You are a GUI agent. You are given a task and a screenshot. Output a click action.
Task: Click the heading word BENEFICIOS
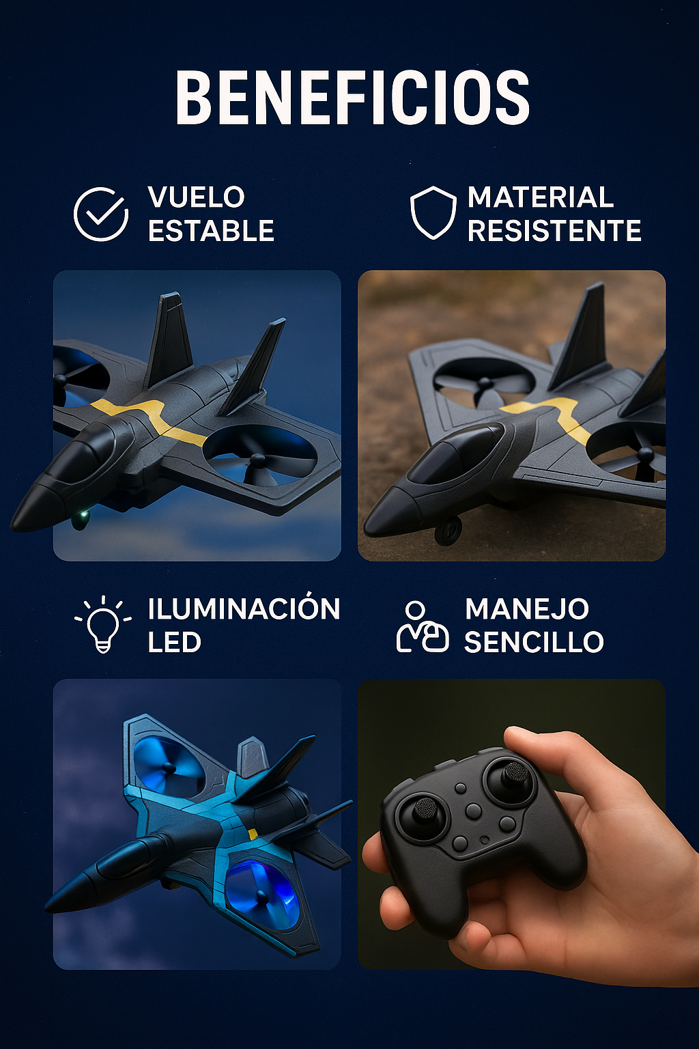coord(352,98)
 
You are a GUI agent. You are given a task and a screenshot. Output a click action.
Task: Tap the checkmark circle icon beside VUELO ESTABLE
coord(101,214)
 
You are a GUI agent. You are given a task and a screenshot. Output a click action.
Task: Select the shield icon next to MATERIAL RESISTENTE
coord(433,212)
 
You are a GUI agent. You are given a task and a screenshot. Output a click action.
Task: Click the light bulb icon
coord(102,624)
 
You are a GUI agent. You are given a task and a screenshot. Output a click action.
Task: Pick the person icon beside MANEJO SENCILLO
coord(423,627)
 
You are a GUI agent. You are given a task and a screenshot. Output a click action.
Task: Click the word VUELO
coord(196,197)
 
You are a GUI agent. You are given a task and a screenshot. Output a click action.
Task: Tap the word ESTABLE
coord(211,231)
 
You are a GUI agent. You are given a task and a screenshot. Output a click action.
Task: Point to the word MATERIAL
coord(541,197)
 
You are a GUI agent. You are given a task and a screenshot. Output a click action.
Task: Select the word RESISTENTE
coord(554,231)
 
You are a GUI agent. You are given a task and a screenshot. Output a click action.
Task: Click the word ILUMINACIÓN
coord(244,609)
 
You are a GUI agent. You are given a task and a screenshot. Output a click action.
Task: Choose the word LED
coord(174,643)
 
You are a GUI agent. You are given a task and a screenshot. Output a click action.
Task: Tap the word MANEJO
coord(526,609)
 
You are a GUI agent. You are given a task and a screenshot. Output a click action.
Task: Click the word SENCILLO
coord(534,642)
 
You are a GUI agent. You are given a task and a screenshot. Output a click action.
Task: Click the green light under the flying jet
coord(83,514)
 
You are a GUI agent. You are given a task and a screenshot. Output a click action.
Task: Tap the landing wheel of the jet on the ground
coord(448,530)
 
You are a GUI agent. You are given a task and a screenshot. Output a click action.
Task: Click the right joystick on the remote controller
coord(515,774)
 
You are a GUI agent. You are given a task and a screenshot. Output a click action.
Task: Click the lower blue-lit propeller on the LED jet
coord(261,893)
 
